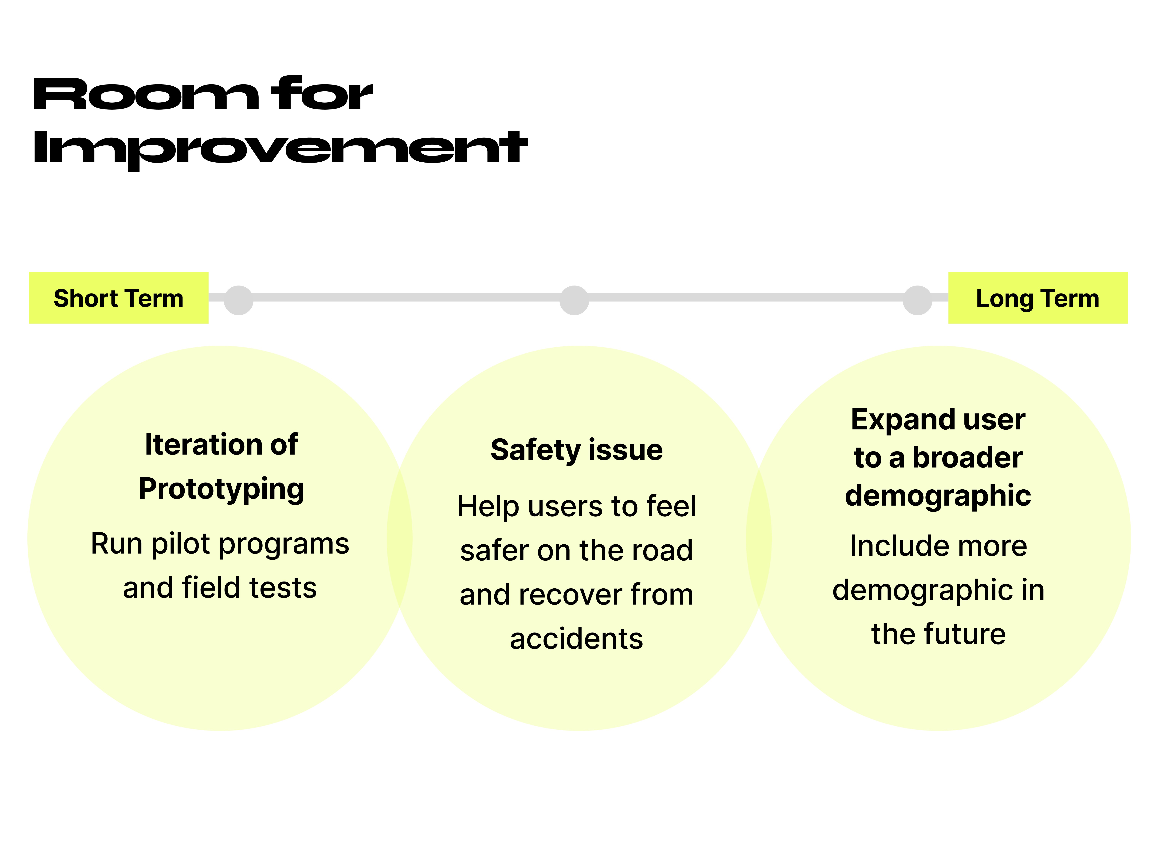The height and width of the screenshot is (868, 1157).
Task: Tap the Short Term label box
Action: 119,298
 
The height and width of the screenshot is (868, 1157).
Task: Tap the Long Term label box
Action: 1038,298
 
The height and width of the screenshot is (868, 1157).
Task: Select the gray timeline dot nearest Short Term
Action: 238,300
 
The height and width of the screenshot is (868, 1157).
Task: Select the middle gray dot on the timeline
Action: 574,300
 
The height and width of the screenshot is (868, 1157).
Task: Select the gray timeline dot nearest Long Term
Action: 917,300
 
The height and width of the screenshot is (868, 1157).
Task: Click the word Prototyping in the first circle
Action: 221,489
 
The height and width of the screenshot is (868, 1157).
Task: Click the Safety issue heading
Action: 576,450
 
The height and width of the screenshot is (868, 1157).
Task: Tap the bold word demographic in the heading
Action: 938,495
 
